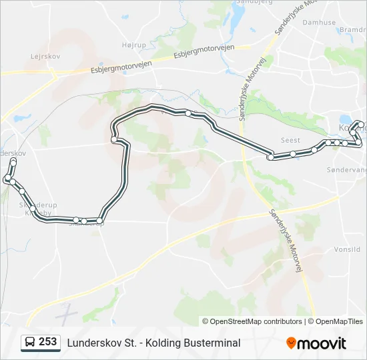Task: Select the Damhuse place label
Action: (x=320, y=22)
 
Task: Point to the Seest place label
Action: (x=290, y=140)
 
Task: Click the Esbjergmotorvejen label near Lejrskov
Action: (x=121, y=67)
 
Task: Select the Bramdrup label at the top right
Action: (x=353, y=30)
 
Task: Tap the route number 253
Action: (x=48, y=342)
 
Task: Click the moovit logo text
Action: (x=322, y=343)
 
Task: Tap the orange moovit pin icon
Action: (x=291, y=343)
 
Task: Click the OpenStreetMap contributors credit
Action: (x=252, y=321)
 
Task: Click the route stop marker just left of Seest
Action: (x=271, y=157)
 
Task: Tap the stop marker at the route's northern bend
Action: (x=188, y=113)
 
